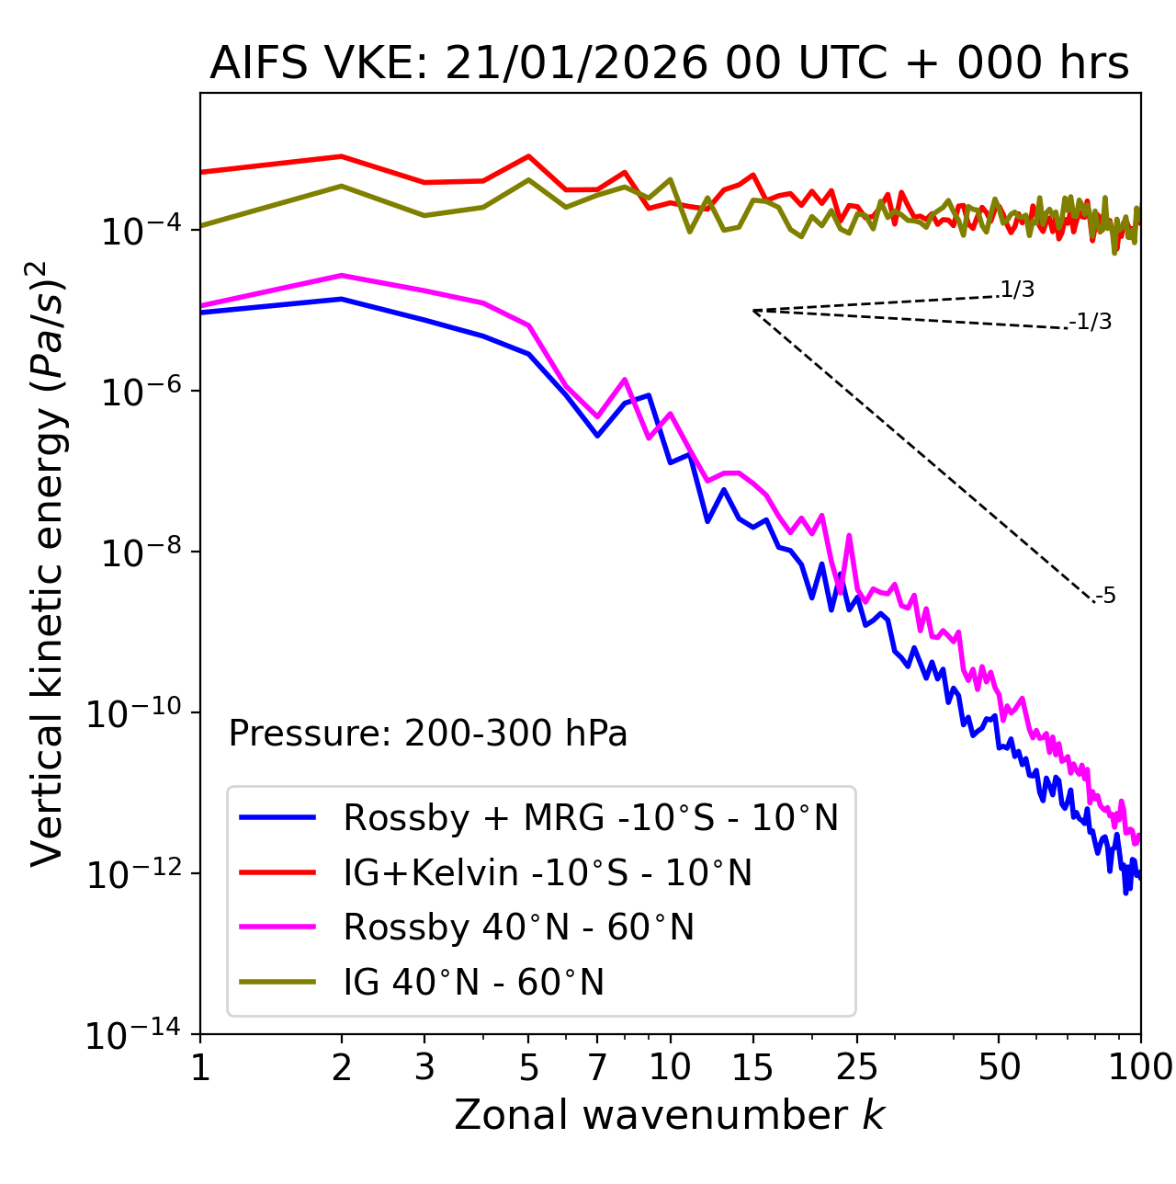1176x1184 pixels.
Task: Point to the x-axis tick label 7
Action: [x=597, y=1068]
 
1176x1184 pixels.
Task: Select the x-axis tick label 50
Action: [x=999, y=1068]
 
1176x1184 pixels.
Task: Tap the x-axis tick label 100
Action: [x=1139, y=1068]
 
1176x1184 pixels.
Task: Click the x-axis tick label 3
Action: [x=424, y=1068]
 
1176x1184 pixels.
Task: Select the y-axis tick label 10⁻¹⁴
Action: [x=134, y=1036]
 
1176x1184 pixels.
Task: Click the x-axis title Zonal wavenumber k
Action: [x=669, y=1116]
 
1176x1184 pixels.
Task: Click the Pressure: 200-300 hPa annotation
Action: [x=427, y=734]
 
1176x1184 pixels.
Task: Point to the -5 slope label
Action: [x=1106, y=597]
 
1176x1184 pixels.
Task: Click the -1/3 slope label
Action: [x=1091, y=322]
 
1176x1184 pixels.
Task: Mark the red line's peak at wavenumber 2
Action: [x=342, y=156]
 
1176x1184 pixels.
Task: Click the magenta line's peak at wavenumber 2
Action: [x=342, y=275]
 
